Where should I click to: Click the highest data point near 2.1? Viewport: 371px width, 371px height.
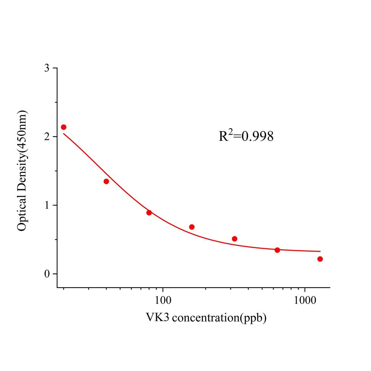63,127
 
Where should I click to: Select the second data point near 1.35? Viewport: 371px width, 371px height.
106,181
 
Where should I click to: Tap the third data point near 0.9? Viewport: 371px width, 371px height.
149,213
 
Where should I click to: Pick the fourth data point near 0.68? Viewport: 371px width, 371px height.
192,227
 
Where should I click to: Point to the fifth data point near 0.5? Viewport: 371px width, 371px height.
234,239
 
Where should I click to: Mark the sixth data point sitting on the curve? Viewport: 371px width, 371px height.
277,250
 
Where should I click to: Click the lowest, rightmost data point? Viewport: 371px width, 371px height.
320,259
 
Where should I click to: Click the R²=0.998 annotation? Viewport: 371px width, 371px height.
246,136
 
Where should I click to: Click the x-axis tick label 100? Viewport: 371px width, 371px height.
163,300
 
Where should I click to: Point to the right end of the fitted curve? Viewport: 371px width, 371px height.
320,251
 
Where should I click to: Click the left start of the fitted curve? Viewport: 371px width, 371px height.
64,134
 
